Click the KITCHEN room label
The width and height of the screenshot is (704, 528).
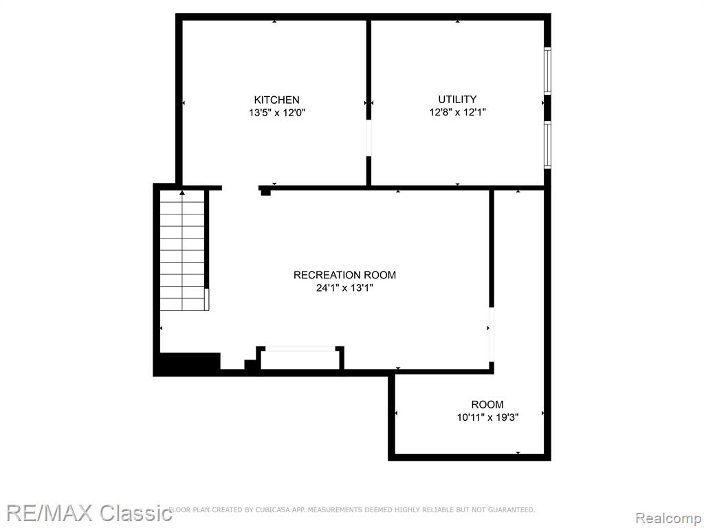(276, 100)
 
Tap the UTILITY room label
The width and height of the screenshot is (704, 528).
(457, 99)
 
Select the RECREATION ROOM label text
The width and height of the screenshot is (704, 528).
(345, 275)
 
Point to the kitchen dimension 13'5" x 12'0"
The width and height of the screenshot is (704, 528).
(277, 113)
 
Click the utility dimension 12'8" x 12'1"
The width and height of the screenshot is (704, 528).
(457, 112)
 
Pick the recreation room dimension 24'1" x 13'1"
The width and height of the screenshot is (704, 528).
(345, 288)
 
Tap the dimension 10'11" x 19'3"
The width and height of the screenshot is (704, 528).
(487, 417)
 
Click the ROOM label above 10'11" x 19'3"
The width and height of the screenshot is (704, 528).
(487, 404)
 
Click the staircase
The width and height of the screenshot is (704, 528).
(182, 250)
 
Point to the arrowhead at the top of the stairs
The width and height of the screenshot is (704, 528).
(181, 193)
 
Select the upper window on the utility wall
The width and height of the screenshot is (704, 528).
(547, 71)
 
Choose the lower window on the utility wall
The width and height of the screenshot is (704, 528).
(547, 144)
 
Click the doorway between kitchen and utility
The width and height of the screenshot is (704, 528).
(368, 137)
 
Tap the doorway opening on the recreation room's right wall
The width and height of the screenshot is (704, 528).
(491, 334)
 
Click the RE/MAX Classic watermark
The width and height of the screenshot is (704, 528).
(89, 513)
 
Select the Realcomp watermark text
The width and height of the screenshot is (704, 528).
(668, 518)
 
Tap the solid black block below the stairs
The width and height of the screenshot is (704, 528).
(190, 362)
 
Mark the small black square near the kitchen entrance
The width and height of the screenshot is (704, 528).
(266, 192)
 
